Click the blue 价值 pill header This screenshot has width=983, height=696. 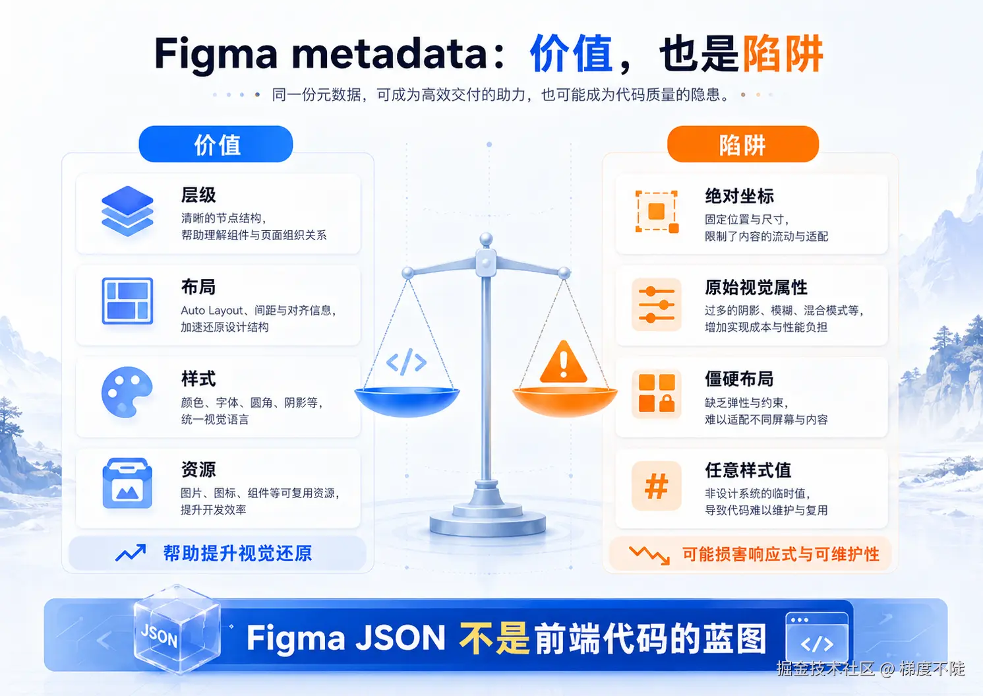[x=216, y=144]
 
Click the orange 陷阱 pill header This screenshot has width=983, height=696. [x=742, y=144]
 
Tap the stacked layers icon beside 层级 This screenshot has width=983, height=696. [x=127, y=211]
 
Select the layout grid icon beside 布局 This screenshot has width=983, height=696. [x=127, y=301]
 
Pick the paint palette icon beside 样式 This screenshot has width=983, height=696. [x=127, y=392]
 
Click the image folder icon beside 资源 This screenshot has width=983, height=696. [x=127, y=483]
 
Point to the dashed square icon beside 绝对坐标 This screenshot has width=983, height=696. [x=657, y=211]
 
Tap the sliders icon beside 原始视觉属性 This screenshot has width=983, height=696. [x=657, y=304]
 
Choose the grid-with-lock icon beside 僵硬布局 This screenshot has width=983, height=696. [x=657, y=393]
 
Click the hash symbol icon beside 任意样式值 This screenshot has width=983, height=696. [x=657, y=486]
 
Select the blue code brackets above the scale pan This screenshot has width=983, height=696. [x=406, y=362]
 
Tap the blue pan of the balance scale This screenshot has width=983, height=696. [x=407, y=402]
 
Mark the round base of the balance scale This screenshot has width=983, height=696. [x=488, y=522]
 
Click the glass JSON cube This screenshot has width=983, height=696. [x=177, y=629]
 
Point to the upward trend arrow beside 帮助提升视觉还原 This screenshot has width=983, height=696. [x=131, y=553]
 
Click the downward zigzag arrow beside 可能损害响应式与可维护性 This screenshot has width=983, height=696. [x=649, y=555]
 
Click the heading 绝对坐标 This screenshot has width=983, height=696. [x=740, y=196]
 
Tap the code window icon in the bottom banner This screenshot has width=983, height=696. [x=817, y=637]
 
